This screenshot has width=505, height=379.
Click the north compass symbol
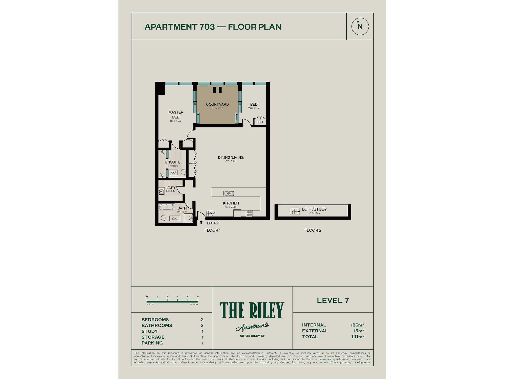pyautogui.click(x=360, y=27)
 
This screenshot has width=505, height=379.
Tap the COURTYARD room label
pyautogui.click(x=217, y=104)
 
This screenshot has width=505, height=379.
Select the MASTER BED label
pyautogui.click(x=176, y=115)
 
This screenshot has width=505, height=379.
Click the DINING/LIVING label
pyautogui.click(x=231, y=157)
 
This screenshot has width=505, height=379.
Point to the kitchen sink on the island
pyautogui.click(x=229, y=193)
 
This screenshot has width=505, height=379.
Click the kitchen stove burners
pyautogui.click(x=249, y=214)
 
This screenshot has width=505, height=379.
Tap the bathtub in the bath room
pyautogui.click(x=167, y=207)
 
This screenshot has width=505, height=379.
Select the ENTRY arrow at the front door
pyautogui.click(x=201, y=222)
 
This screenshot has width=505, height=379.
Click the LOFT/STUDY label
pyautogui.click(x=314, y=209)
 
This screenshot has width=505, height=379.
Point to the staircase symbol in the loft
pyautogui.click(x=295, y=211)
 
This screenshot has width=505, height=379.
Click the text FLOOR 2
pyautogui.click(x=313, y=230)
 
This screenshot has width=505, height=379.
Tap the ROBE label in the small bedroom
pyautogui.click(x=260, y=122)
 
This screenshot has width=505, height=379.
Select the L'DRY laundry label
pyautogui.click(x=171, y=188)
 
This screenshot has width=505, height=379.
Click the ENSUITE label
pyautogui.click(x=173, y=162)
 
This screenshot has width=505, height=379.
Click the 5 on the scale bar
pyautogui.click(x=198, y=297)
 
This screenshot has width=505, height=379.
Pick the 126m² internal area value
pyautogui.click(x=357, y=325)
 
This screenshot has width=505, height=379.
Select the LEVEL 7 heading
pyautogui.click(x=333, y=300)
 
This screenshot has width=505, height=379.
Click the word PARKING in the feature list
pyautogui.click(x=152, y=343)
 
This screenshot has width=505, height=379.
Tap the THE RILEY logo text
pyautogui.click(x=252, y=310)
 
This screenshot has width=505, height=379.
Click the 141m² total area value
pyautogui.click(x=358, y=337)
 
